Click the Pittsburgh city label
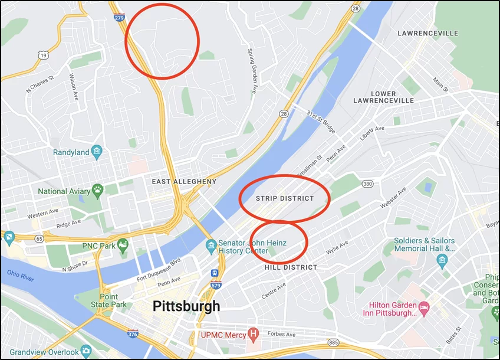186,306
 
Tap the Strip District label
285,198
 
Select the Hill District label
291,267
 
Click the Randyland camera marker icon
97,152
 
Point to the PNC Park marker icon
123,243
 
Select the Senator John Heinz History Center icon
211,246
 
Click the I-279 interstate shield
119,17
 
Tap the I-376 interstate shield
133,334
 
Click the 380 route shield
368,184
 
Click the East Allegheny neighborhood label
184,182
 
